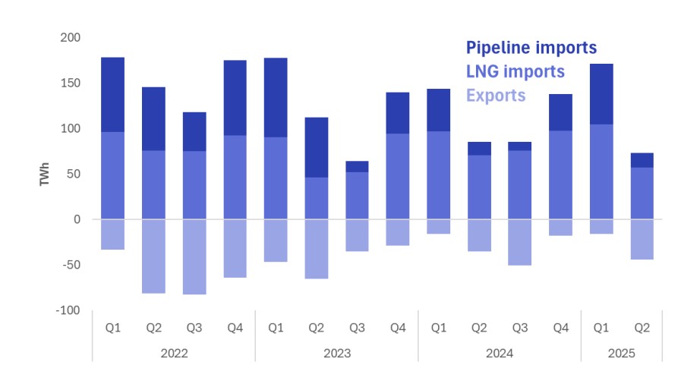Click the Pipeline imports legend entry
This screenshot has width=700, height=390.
(x=531, y=48)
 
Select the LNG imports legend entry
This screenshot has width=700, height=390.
(x=515, y=71)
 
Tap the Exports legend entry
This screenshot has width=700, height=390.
(x=495, y=96)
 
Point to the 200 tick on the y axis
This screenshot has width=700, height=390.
(x=71, y=37)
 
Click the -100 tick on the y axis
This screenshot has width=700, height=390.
(x=68, y=310)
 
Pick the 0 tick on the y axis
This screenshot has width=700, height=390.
(x=77, y=219)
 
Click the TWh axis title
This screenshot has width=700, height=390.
(x=44, y=174)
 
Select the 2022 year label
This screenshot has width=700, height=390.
(x=174, y=354)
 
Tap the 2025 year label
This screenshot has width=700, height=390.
(x=621, y=354)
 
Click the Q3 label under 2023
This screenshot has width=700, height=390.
(x=357, y=328)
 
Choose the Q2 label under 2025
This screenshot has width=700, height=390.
(x=642, y=328)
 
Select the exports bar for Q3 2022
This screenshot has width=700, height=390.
(x=194, y=256)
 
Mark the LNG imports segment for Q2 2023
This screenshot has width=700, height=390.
(x=317, y=198)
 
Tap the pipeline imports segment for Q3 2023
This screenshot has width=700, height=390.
(x=357, y=166)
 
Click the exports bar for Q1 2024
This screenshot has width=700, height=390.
(x=439, y=226)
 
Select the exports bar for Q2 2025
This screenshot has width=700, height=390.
(x=642, y=239)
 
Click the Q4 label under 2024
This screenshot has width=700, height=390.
(x=560, y=328)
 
